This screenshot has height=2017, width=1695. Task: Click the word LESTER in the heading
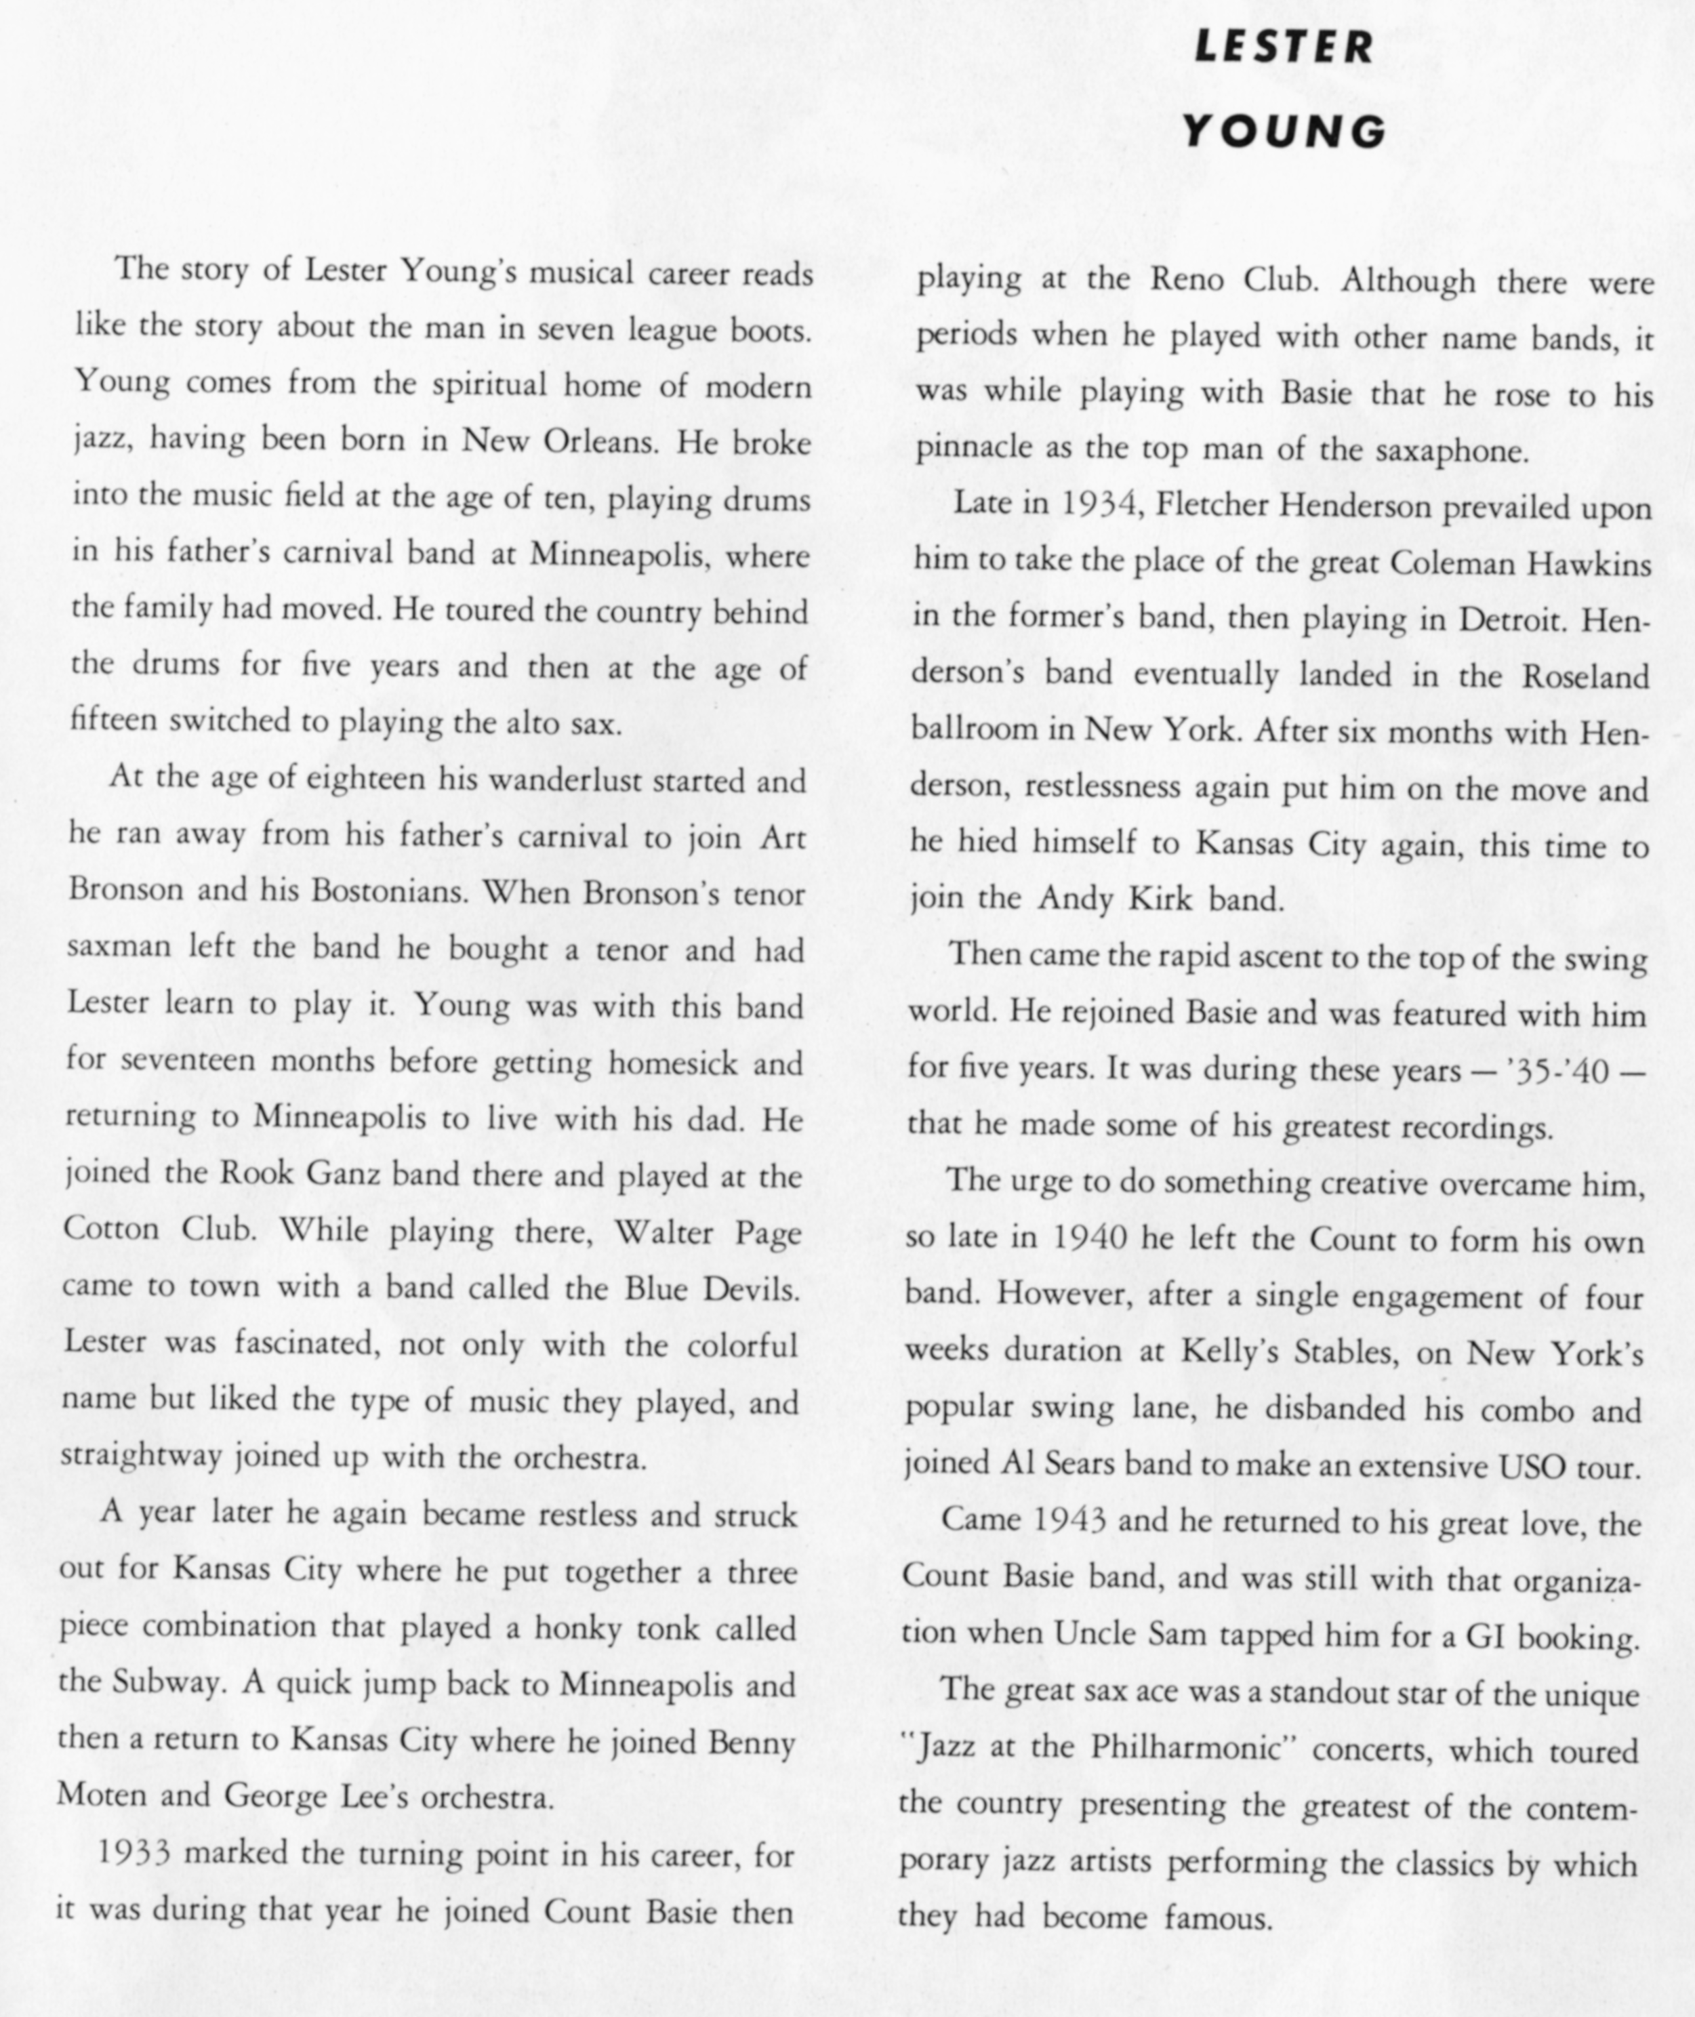coord(1284,48)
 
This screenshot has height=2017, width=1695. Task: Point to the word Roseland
coord(1585,676)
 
